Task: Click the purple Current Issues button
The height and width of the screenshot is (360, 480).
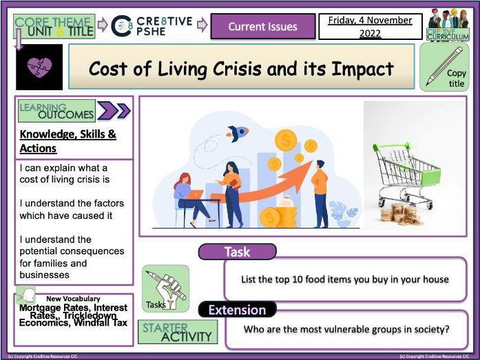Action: tap(262, 27)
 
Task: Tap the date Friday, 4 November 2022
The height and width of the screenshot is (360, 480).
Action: tap(371, 27)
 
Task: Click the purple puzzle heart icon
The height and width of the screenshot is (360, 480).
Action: tap(38, 68)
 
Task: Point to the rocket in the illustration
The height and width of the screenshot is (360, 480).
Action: tap(239, 132)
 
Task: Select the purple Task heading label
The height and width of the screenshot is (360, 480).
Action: tap(237, 252)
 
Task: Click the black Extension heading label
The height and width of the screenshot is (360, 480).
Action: tap(237, 310)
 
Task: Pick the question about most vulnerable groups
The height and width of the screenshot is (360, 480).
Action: tap(346, 329)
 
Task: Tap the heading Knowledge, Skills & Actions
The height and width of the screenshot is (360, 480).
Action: tap(67, 141)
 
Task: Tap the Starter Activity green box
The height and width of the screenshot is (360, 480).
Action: tap(178, 332)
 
